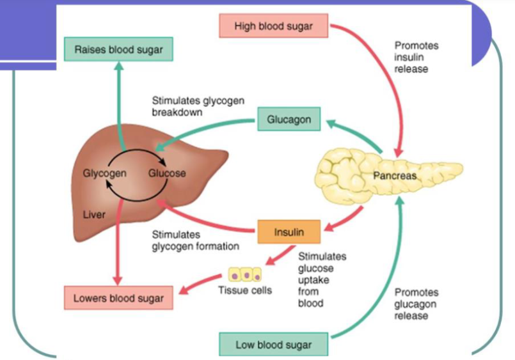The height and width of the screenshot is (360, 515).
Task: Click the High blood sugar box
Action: pyautogui.click(x=274, y=26)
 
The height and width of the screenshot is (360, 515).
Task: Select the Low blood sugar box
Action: pyautogui.click(x=274, y=345)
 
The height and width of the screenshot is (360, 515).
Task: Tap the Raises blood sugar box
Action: pyautogui.click(x=118, y=49)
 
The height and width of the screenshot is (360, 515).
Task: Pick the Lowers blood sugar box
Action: pyautogui.click(x=118, y=298)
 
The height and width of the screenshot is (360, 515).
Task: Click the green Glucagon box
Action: pyautogui.click(x=289, y=120)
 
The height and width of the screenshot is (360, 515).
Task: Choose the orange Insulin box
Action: pyautogui.click(x=289, y=232)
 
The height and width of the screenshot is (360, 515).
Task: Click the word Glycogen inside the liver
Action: pyautogui.click(x=104, y=173)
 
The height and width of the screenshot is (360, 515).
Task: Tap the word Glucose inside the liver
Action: pyautogui.click(x=167, y=173)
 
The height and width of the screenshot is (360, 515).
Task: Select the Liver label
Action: pyautogui.click(x=94, y=214)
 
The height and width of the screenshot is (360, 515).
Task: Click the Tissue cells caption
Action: pyautogui.click(x=245, y=290)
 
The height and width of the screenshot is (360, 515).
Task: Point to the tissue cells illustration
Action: pyautogui.click(x=246, y=276)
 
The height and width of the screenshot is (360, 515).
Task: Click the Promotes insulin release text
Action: pyautogui.click(x=416, y=57)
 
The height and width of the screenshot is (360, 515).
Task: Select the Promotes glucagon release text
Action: pyautogui.click(x=416, y=304)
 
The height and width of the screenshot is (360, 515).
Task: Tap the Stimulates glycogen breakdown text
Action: pyautogui.click(x=198, y=106)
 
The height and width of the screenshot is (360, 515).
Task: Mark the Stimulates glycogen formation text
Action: pyautogui.click(x=195, y=240)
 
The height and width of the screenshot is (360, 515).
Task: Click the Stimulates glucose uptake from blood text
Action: pyautogui.click(x=322, y=279)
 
